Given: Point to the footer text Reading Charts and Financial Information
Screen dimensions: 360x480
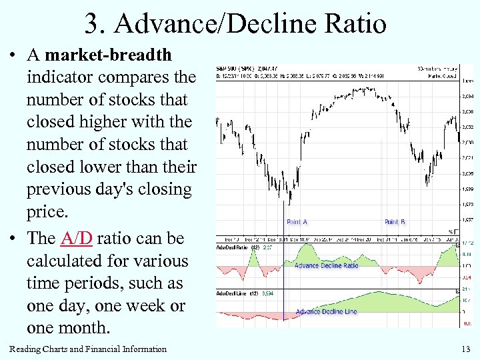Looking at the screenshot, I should pos(88,349).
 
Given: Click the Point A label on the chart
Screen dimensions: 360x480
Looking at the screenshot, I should pos(297,222).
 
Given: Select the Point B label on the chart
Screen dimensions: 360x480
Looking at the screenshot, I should pos(395,222).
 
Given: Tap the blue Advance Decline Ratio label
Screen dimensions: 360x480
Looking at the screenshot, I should pos(327,265).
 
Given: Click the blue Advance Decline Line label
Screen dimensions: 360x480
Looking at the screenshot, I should pos(326,311).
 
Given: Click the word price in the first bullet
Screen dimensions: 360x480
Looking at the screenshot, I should pos(47,212).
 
